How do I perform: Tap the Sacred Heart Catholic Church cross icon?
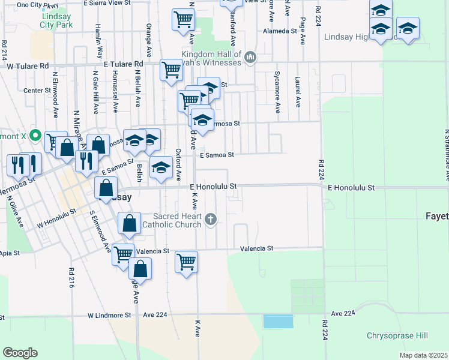(x=210, y=219)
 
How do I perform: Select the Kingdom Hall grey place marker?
(x=250, y=58)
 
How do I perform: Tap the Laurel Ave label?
(x=297, y=91)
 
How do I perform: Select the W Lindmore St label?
(x=109, y=315)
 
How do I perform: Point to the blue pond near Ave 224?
(x=278, y=321)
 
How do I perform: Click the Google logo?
(x=20, y=352)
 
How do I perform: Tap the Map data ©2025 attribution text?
(x=423, y=355)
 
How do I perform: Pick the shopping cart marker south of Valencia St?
(x=187, y=262)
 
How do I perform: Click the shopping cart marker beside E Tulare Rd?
(x=172, y=71)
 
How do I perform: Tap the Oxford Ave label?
(x=178, y=165)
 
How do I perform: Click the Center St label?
(x=37, y=91)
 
